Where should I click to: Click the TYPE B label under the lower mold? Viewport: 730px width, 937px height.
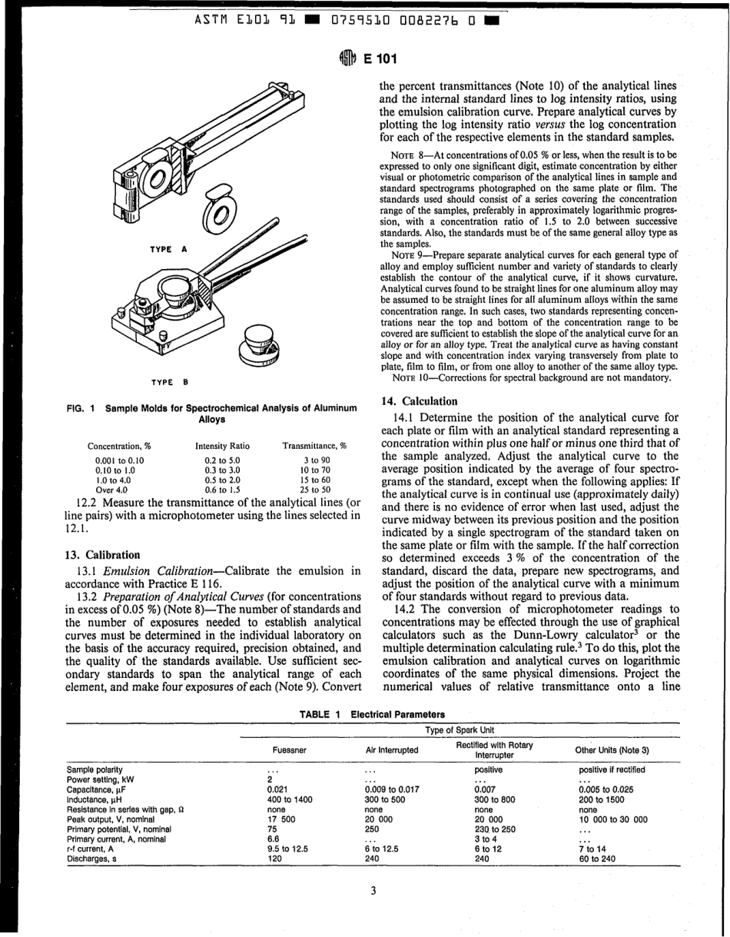pos(170,382)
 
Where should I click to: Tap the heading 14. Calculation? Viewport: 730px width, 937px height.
pos(419,401)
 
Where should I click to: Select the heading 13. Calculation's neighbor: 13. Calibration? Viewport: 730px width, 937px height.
pos(103,554)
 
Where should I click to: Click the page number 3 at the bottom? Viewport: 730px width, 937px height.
pos(373,891)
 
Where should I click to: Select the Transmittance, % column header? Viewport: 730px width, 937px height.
pos(314,446)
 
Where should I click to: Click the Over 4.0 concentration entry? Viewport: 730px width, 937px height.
pos(105,489)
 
